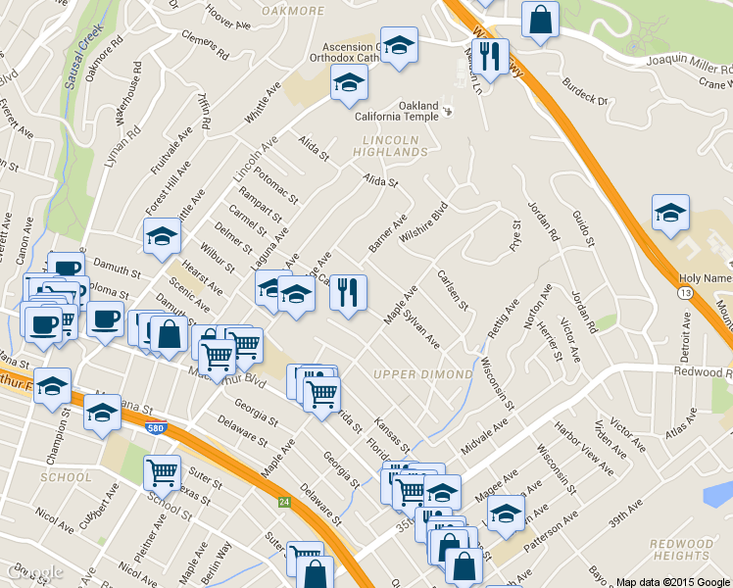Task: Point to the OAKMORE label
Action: (x=292, y=11)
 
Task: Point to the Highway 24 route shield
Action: (x=283, y=503)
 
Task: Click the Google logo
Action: (x=33, y=571)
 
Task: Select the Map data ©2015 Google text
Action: (x=671, y=581)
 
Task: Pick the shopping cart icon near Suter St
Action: (x=162, y=472)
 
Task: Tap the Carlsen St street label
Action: (x=453, y=289)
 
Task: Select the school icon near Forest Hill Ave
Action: (x=162, y=235)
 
